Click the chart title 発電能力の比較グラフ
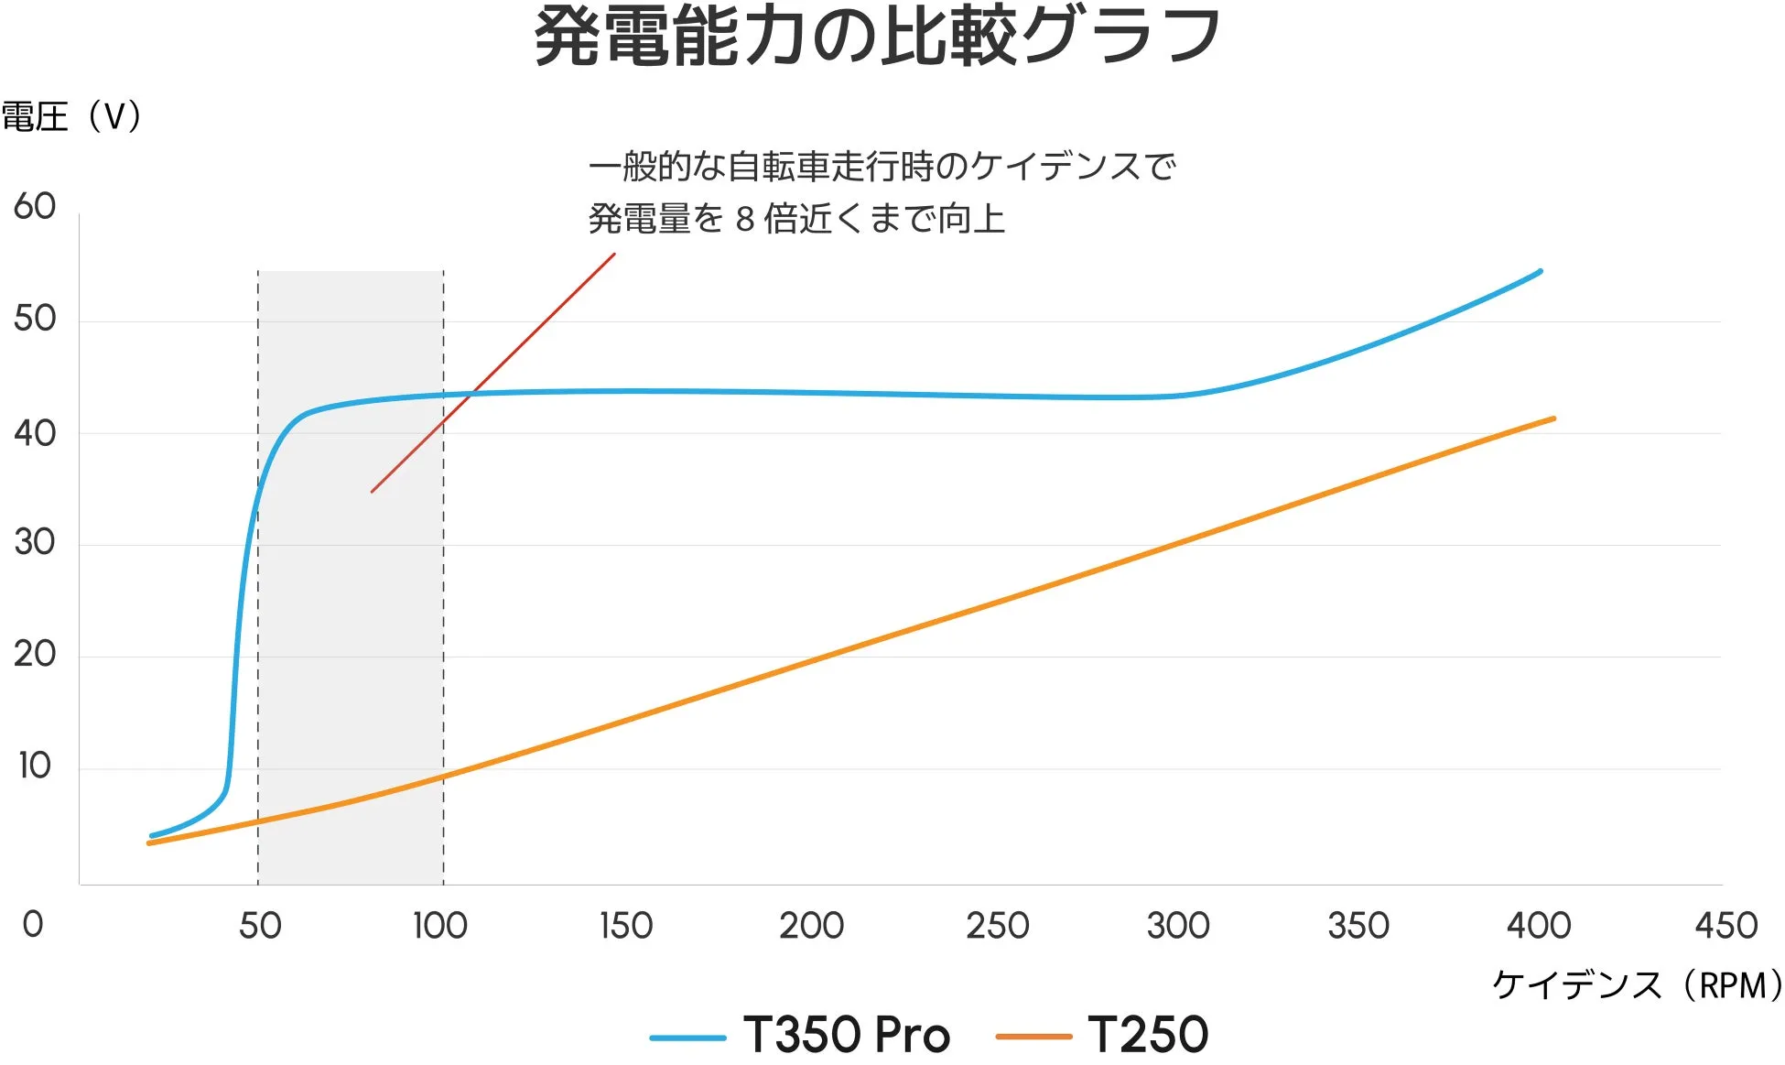pos(877,37)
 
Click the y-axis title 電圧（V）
pos(71,117)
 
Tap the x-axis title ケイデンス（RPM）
pos(1637,985)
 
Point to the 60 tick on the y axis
pos(35,207)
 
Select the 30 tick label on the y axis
pos(35,542)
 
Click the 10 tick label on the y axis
pos(35,766)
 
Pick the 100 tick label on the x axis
pos(440,926)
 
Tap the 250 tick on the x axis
pos(998,926)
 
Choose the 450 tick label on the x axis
pos(1725,926)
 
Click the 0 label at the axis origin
pos(33,925)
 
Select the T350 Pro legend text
pos(847,1036)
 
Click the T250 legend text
pos(1148,1036)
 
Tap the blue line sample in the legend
pos(687,1038)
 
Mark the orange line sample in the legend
pos(1033,1038)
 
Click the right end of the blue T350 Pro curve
pos(1540,272)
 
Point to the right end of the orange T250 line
pos(1553,419)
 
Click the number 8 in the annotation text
pos(745,220)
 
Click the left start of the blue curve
pos(153,835)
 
